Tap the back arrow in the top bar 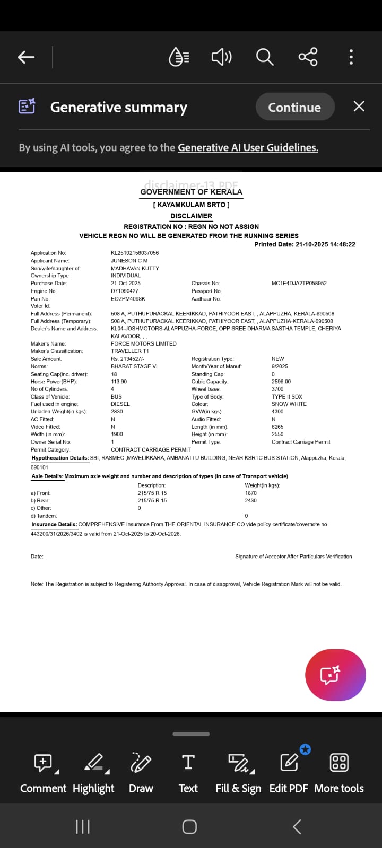pyautogui.click(x=26, y=57)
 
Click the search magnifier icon pyautogui.click(x=264, y=57)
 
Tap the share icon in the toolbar pyautogui.click(x=308, y=57)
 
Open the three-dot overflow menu pyautogui.click(x=351, y=57)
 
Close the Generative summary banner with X pyautogui.click(x=359, y=107)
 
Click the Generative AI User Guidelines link pyautogui.click(x=248, y=148)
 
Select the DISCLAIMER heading pyautogui.click(x=191, y=216)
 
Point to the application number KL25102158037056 pyautogui.click(x=135, y=253)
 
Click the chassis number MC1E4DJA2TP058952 pyautogui.click(x=299, y=283)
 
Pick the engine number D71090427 pyautogui.click(x=125, y=291)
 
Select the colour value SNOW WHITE pyautogui.click(x=289, y=404)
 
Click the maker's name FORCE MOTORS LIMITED pyautogui.click(x=144, y=343)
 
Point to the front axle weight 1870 pyautogui.click(x=251, y=493)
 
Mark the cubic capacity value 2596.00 pyautogui.click(x=281, y=382)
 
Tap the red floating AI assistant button pyautogui.click(x=335, y=675)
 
